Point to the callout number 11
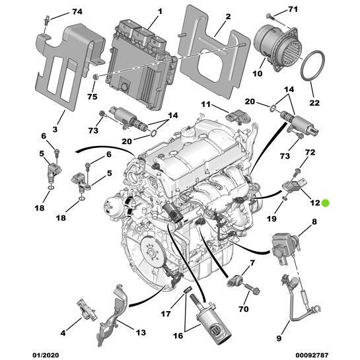(205, 104)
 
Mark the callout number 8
(314, 222)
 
